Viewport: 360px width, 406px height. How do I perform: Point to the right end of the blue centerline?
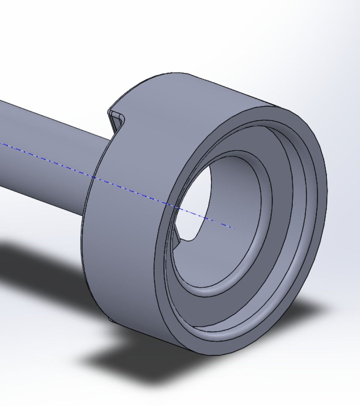pos(234,228)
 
